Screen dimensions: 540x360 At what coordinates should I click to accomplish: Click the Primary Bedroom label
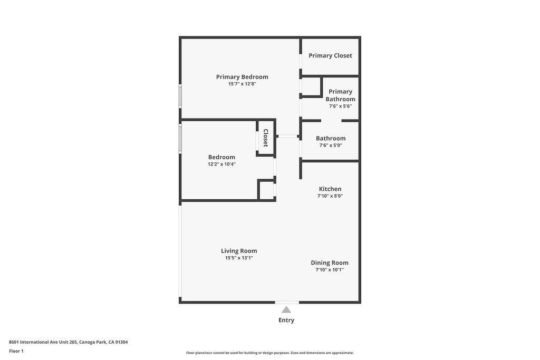pyautogui.click(x=242, y=77)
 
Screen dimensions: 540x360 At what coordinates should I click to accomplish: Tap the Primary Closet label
pyautogui.click(x=330, y=55)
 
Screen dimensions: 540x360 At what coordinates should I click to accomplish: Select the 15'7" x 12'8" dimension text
pyautogui.click(x=242, y=84)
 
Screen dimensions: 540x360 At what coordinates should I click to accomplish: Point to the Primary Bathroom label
pyautogui.click(x=340, y=95)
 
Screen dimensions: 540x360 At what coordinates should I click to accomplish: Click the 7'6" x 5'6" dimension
pyautogui.click(x=340, y=106)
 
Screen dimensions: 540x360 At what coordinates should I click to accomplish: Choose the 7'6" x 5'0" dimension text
pyautogui.click(x=331, y=145)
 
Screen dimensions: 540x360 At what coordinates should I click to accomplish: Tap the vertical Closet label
pyautogui.click(x=266, y=138)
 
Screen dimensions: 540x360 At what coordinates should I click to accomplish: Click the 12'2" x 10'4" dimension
pyautogui.click(x=222, y=164)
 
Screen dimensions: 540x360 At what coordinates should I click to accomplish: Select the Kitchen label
pyautogui.click(x=330, y=189)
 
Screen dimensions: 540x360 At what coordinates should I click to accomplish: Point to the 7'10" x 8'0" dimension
pyautogui.click(x=330, y=196)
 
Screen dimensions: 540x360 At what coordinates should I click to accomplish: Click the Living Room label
pyautogui.click(x=239, y=251)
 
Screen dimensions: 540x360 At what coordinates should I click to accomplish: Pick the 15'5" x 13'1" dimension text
pyautogui.click(x=239, y=258)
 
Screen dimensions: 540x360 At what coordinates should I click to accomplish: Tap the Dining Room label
pyautogui.click(x=330, y=262)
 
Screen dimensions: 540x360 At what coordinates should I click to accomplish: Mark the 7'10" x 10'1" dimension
pyautogui.click(x=330, y=269)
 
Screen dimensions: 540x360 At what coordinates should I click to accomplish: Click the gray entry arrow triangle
pyautogui.click(x=286, y=310)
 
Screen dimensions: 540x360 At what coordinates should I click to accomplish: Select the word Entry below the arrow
pyautogui.click(x=286, y=320)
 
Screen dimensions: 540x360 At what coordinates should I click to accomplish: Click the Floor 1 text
pyautogui.click(x=16, y=351)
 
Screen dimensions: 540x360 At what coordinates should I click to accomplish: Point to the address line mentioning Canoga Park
pyautogui.click(x=68, y=342)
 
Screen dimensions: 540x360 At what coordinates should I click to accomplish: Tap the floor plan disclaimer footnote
pyautogui.click(x=270, y=353)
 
